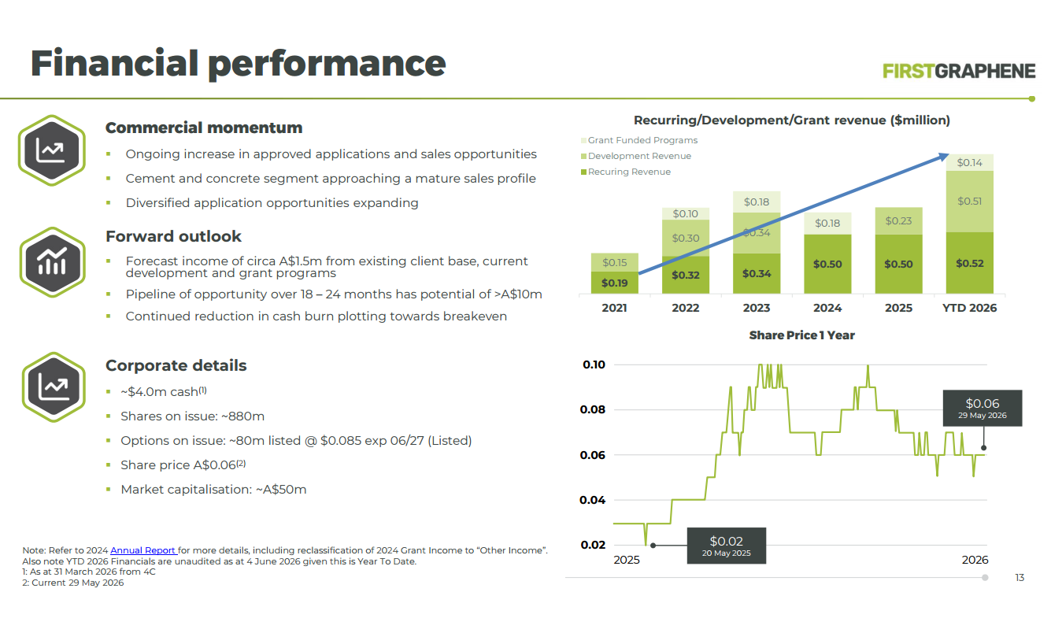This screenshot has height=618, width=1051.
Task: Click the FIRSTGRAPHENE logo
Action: [959, 71]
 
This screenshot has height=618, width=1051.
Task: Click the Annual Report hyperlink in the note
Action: [143, 550]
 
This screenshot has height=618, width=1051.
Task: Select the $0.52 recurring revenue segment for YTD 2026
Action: [969, 263]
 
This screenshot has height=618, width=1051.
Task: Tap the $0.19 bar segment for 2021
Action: [614, 283]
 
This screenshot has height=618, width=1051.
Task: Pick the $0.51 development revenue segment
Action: [969, 202]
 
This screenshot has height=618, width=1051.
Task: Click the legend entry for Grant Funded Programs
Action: [639, 140]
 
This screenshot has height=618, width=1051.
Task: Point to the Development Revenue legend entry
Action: [636, 156]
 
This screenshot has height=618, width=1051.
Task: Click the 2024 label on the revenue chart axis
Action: [827, 308]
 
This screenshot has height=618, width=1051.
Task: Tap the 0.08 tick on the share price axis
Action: [593, 409]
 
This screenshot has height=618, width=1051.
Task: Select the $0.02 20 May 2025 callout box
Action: [727, 546]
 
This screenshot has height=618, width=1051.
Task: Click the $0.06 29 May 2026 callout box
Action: [983, 408]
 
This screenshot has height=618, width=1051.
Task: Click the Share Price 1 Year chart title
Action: [802, 335]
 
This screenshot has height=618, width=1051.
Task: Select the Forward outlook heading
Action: [173, 236]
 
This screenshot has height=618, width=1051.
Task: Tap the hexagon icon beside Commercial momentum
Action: [52, 150]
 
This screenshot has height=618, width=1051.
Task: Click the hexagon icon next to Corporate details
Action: [54, 387]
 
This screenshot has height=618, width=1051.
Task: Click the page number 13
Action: [1020, 578]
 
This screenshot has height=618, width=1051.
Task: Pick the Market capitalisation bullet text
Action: [213, 490]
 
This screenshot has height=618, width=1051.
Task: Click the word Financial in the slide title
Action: [114, 63]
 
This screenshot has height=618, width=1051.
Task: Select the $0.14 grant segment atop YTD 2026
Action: [969, 162]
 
